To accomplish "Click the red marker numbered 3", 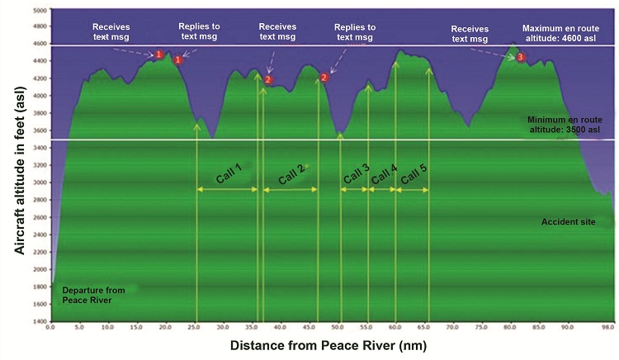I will tap(520, 57).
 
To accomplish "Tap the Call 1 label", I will tap(228, 172).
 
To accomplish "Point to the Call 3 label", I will tap(355, 175).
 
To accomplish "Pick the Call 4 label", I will tap(383, 175).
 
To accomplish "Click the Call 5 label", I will tap(413, 175).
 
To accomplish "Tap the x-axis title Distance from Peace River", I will tap(328, 344).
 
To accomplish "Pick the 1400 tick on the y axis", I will tap(40, 320).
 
